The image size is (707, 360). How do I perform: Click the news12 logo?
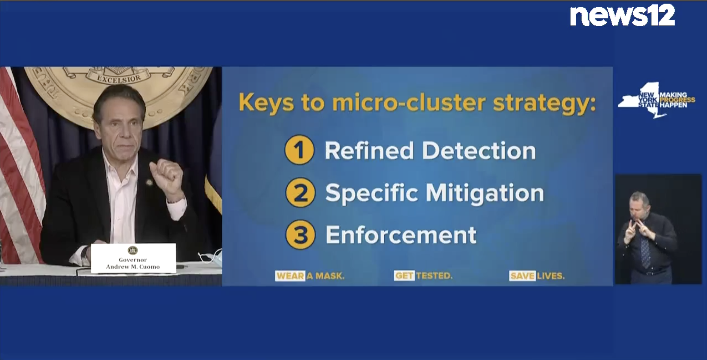[x=623, y=16]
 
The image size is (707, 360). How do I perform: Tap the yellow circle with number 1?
[x=299, y=150]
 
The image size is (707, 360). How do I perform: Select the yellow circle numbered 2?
[x=300, y=192]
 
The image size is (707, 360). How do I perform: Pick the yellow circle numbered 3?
[x=300, y=235]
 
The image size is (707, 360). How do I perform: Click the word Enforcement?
[x=401, y=235]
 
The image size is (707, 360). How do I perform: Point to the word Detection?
[x=479, y=150]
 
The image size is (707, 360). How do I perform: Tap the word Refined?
[x=369, y=150]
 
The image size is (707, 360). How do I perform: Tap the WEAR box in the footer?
[x=290, y=276]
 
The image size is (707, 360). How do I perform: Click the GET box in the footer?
[x=404, y=275]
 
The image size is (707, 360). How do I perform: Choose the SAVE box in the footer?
[x=522, y=276]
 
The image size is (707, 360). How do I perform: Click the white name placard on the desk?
[x=133, y=258]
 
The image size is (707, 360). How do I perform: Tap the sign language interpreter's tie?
[x=645, y=252]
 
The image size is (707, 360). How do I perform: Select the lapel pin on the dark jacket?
[x=149, y=182]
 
